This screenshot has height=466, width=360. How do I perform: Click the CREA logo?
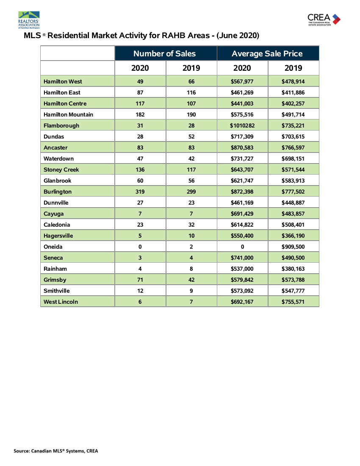click(x=324, y=19)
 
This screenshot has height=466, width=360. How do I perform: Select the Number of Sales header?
click(x=165, y=53)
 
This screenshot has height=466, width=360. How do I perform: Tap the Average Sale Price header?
click(x=267, y=53)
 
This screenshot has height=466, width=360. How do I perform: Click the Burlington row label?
click(x=58, y=191)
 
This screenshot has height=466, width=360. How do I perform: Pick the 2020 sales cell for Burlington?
click(x=140, y=191)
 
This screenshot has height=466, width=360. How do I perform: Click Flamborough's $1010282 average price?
click(x=242, y=125)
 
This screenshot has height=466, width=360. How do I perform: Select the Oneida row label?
click(x=53, y=247)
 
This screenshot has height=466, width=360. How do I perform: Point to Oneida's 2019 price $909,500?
click(x=293, y=247)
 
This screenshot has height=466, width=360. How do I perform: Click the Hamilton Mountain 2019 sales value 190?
click(x=191, y=114)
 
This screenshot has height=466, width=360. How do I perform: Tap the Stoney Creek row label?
click(x=61, y=169)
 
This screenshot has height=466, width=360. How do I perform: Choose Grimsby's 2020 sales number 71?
click(x=140, y=280)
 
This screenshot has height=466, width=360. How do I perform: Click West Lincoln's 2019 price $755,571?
click(x=293, y=302)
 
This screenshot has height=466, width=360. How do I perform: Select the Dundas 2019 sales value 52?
click(x=191, y=136)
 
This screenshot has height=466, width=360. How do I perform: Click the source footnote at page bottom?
click(x=56, y=451)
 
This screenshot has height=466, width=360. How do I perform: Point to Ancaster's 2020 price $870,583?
click(x=242, y=147)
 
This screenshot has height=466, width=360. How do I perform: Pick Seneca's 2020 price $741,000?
click(x=242, y=258)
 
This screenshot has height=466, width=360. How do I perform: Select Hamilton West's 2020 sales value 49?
click(x=140, y=81)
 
